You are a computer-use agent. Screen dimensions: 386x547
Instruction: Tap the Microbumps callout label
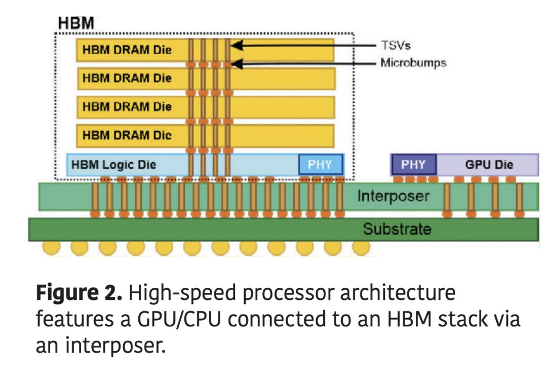(x=413, y=63)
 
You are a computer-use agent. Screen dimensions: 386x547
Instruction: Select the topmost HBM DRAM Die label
(x=127, y=50)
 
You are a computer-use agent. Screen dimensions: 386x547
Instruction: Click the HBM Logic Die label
(x=114, y=165)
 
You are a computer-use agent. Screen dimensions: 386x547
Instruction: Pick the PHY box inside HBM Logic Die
(x=320, y=165)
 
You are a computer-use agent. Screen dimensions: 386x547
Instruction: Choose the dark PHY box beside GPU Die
(x=413, y=165)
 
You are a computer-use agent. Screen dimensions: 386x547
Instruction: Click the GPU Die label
(x=489, y=165)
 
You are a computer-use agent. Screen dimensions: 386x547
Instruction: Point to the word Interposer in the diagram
(x=393, y=196)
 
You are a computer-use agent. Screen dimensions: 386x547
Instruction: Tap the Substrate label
(x=397, y=229)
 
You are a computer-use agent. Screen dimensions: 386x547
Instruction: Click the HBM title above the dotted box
(x=76, y=23)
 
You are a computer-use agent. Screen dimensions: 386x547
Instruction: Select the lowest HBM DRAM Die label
(x=127, y=135)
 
